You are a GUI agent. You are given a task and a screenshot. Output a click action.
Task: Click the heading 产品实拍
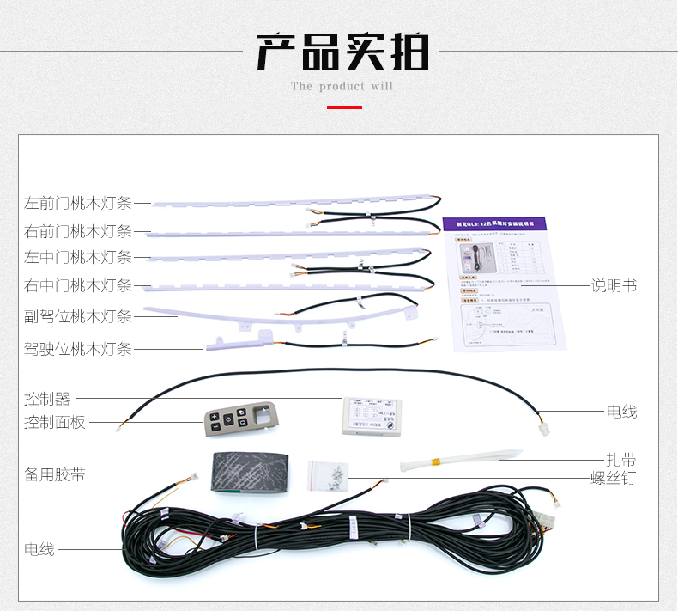342,53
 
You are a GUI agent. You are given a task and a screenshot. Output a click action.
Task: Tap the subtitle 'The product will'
342,86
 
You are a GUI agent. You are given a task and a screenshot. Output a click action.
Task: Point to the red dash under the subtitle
344,107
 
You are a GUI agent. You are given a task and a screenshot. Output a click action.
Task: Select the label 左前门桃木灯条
78,204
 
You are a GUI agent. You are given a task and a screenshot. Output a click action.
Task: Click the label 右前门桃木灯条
78,230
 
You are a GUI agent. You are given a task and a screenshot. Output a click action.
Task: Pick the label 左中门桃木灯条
78,257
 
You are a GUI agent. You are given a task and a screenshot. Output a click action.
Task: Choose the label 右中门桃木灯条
78,285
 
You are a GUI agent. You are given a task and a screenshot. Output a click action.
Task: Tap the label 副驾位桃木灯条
78,316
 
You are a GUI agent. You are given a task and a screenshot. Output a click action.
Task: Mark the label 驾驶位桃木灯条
78,348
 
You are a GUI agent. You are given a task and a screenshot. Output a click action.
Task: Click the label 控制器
47,399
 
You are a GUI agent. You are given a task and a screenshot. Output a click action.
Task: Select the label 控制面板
55,422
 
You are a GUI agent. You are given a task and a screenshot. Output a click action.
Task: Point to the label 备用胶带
55,474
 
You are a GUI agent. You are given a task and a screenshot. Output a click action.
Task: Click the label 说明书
614,285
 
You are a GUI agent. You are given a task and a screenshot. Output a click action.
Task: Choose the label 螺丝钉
613,478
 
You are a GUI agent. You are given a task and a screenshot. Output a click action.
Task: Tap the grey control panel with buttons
239,421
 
